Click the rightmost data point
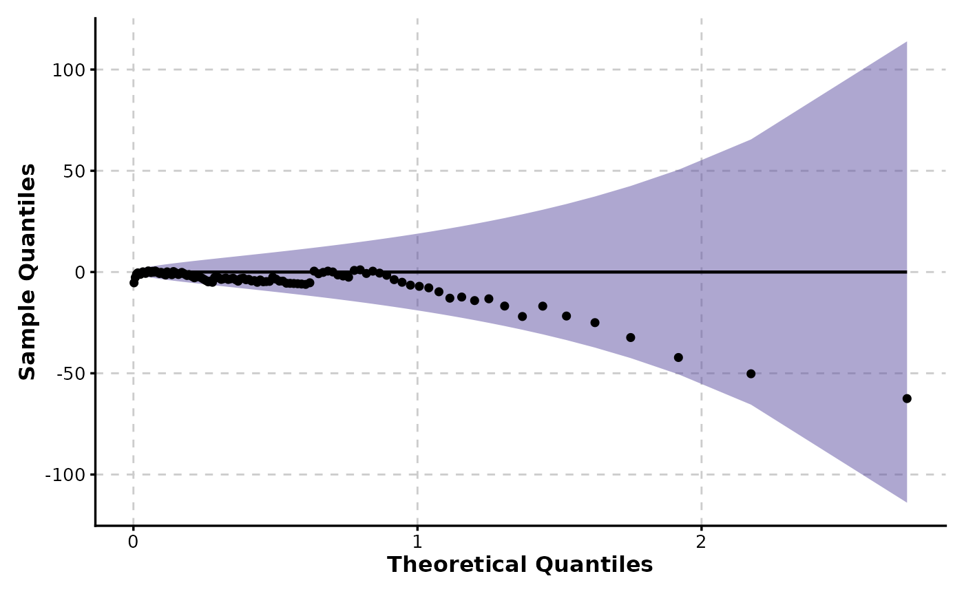pos(907,398)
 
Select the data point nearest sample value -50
pos(751,374)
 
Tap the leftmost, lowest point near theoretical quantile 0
pos(134,282)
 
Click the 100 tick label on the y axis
pos(69,70)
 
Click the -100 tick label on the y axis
pos(66,475)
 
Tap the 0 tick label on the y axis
pos(79,273)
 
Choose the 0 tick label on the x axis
pos(134,542)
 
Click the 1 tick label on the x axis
pos(417,542)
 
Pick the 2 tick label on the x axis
pos(702,542)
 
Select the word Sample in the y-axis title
pos(27,341)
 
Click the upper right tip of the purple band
pos(906,42)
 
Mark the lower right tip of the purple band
pos(906,502)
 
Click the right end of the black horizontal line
pos(906,272)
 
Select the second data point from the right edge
pos(751,374)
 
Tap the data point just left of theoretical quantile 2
pos(678,357)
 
